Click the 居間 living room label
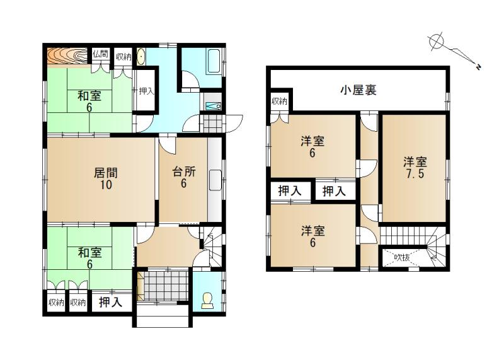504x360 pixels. click(105, 173)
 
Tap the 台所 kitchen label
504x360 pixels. click(184, 171)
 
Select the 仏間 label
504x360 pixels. click(100, 54)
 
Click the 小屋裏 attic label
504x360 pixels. click(358, 90)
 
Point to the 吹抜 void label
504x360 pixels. click(402, 257)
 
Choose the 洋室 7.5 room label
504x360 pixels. click(415, 167)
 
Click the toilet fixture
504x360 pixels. click(207, 301)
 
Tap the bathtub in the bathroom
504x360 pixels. click(214, 61)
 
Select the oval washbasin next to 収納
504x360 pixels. click(140, 56)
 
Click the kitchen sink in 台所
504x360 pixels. click(215, 180)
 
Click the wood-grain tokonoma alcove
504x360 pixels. click(67, 57)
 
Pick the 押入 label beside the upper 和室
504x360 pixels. click(146, 91)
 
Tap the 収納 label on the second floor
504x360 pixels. click(279, 101)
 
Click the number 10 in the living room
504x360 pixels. click(106, 185)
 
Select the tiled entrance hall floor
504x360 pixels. click(165, 286)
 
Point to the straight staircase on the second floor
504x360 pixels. click(403, 236)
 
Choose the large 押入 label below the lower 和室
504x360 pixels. click(111, 302)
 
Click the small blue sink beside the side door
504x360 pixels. click(213, 106)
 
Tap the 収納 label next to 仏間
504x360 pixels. click(123, 57)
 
